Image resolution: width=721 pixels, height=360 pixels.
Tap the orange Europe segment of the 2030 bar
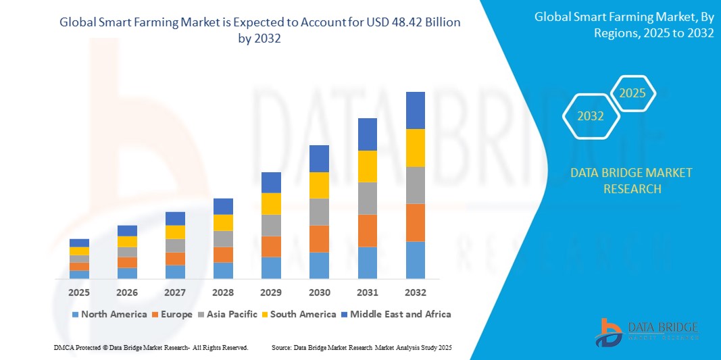point(319,238)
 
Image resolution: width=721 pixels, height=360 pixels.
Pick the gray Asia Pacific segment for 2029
point(271,225)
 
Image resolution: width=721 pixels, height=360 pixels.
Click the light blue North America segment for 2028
point(223,270)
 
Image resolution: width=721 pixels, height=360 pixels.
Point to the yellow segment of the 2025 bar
point(79,251)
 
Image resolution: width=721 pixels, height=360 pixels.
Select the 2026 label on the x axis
point(127,292)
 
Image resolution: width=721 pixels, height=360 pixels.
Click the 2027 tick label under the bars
point(175,292)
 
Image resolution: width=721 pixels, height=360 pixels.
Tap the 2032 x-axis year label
point(415,292)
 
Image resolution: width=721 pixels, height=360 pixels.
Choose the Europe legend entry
point(173,314)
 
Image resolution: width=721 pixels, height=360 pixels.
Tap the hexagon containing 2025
point(632,93)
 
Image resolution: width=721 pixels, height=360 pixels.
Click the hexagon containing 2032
point(591,116)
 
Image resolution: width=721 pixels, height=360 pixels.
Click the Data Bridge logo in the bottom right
point(647,331)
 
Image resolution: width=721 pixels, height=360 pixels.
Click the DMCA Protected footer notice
point(151,347)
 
